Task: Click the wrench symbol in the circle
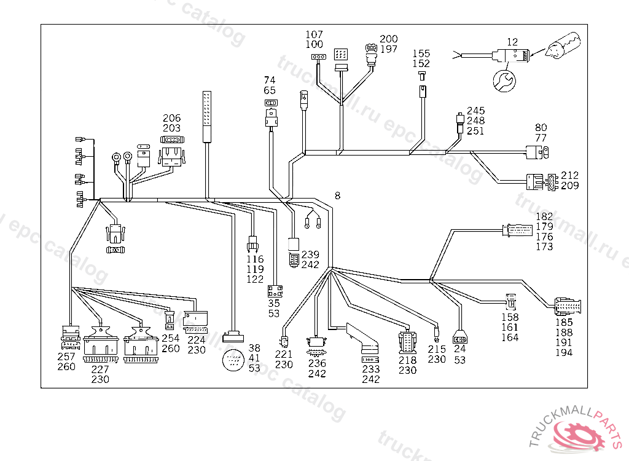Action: pos(502,81)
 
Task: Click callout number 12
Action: pos(512,42)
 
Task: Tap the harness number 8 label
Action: pos(337,196)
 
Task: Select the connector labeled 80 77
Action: pos(536,150)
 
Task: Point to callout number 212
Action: pos(569,175)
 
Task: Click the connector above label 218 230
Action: pos(407,341)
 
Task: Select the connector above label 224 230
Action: pos(196,318)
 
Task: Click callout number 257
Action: pos(66,357)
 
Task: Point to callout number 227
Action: pos(100,369)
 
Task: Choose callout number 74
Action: pos(270,81)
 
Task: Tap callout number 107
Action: pos(314,34)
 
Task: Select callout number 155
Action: pos(421,53)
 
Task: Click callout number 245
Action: pos(475,111)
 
